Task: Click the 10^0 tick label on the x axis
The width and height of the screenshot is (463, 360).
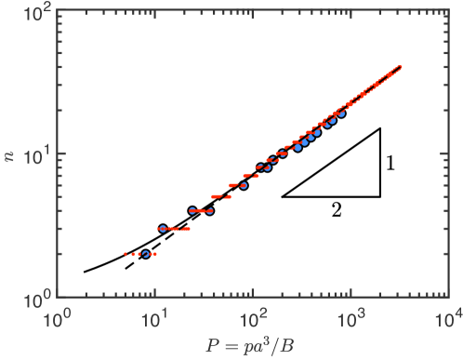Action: pyautogui.click(x=59, y=320)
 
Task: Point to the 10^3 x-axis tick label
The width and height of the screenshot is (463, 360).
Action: pyautogui.click(x=351, y=320)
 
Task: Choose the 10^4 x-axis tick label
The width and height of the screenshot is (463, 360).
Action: pyautogui.click(x=449, y=320)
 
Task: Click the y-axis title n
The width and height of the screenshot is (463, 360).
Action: pyautogui.click(x=10, y=154)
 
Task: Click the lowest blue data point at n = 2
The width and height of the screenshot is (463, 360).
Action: pyautogui.click(x=146, y=253)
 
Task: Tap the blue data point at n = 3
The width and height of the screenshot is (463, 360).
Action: pyautogui.click(x=163, y=228)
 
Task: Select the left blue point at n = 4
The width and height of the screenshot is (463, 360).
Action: pyautogui.click(x=192, y=210)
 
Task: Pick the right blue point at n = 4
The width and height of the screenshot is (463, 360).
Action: pyautogui.click(x=209, y=210)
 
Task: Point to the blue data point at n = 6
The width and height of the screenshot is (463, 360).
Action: pyautogui.click(x=244, y=185)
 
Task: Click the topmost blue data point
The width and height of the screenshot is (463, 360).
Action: pyautogui.click(x=341, y=113)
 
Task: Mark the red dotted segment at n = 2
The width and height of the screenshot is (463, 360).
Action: pyautogui.click(x=139, y=253)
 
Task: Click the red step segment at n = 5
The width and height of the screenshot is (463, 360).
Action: pyautogui.click(x=221, y=196)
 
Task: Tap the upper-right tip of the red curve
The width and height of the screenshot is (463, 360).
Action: pyautogui.click(x=400, y=66)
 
